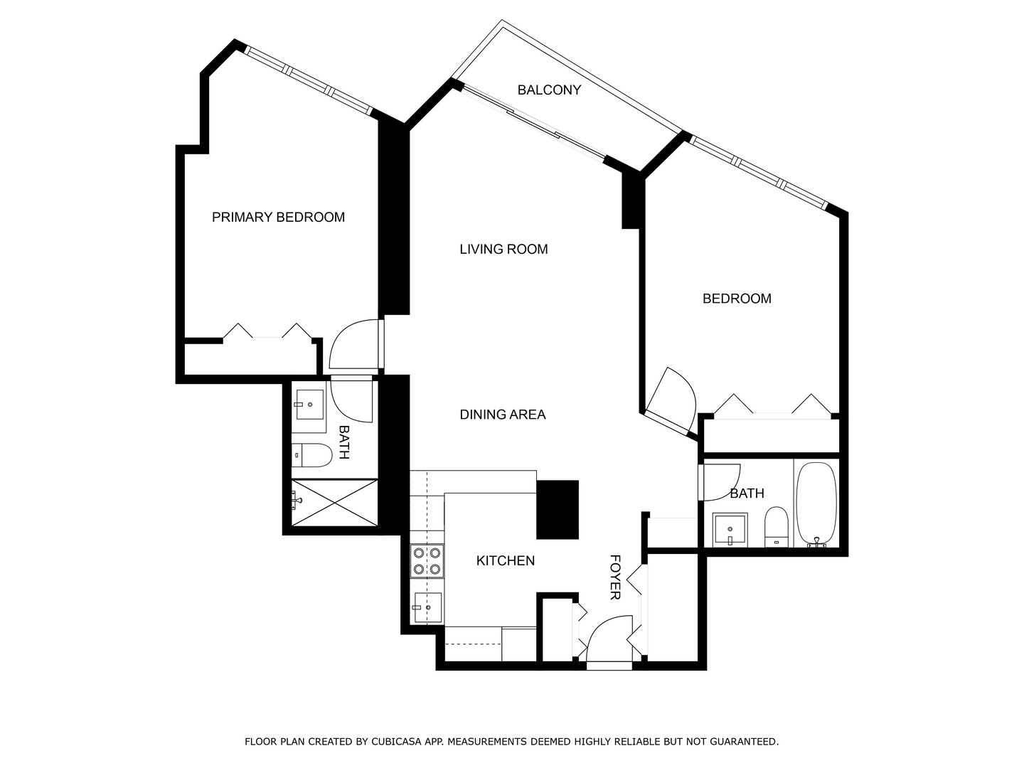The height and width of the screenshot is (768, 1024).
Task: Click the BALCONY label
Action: [549, 90]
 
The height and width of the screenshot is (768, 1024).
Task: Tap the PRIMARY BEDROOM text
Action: [278, 218]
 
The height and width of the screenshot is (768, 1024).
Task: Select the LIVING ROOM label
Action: [503, 250]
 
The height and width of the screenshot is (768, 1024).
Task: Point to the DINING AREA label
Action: [502, 415]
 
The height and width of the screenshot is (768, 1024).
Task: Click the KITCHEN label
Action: [505, 561]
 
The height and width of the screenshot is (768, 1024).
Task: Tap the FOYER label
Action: [616, 577]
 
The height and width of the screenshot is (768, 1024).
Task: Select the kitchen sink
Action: [427, 607]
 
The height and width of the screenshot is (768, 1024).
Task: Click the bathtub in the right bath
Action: [817, 503]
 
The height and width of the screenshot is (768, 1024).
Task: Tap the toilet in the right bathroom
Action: [777, 527]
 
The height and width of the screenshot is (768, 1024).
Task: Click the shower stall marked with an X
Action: [334, 502]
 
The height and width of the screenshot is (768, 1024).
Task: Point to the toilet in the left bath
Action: [311, 455]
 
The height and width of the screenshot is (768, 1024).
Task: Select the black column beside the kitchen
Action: [558, 509]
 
